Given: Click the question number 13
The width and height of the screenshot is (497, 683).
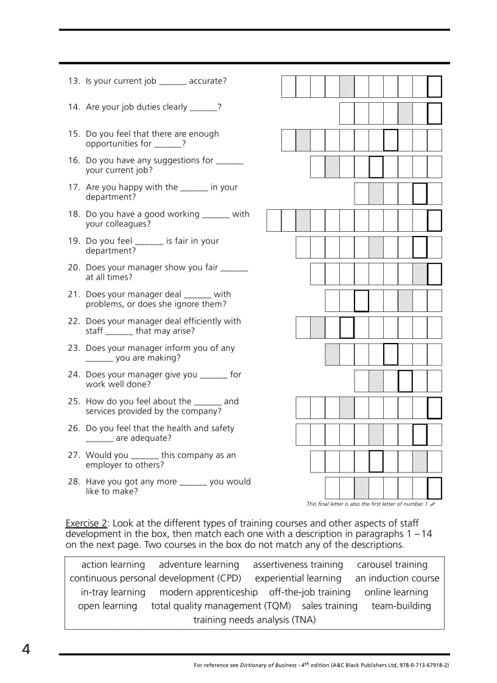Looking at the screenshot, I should pos(74,81).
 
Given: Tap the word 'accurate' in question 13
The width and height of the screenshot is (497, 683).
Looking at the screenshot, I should pos(208,81).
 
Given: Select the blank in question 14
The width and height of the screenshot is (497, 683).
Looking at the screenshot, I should pos(203,108).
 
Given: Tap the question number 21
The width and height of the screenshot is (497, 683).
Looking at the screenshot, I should pos(74,294).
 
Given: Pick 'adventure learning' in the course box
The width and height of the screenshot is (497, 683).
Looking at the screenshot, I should pos(199,565).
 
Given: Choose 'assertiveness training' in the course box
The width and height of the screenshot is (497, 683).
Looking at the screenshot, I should pos(298,565).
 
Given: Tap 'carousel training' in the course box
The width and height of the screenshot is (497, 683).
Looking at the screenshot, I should pos(392,565).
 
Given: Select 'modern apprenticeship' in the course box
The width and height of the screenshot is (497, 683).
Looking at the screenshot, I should pos(208,592).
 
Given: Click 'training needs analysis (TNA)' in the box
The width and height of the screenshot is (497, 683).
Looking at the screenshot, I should pos(254,620).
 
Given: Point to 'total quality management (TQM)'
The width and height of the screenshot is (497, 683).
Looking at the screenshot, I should pos(220,606).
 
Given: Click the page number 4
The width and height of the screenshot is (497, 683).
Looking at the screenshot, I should pos(26,650).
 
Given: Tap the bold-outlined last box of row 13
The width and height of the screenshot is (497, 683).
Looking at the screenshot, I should pos(434,86).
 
